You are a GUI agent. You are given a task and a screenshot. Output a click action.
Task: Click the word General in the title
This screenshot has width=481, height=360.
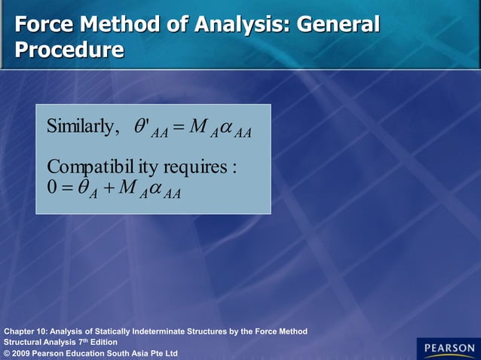pos(338,24)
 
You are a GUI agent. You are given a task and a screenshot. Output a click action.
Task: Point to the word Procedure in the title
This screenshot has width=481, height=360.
pos(69,50)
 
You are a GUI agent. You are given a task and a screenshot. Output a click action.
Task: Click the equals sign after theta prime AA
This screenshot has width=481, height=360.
pos(178,127)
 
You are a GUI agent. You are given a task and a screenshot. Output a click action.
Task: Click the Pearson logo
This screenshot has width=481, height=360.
pos(448,348)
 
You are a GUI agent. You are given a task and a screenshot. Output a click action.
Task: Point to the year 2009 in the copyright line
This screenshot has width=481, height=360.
pos(23,353)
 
